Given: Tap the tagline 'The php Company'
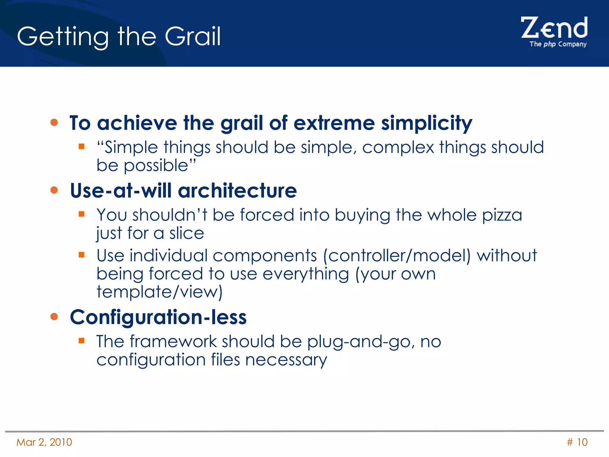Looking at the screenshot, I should (558, 44).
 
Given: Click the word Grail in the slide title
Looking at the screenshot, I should (193, 36).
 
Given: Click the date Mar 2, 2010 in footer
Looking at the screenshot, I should (44, 442).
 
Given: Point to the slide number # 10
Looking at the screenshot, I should (577, 442).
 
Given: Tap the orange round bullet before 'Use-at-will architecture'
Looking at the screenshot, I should (54, 190).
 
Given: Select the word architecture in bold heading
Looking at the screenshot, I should (237, 190).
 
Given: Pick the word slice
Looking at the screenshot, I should (186, 233).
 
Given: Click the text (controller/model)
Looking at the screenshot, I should (397, 256).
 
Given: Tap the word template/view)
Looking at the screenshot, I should (160, 292).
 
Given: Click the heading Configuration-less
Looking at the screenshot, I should (158, 317).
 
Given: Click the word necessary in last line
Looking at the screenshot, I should (286, 360).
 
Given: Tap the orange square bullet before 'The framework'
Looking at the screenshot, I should (81, 341).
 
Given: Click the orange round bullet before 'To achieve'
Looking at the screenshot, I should (54, 122).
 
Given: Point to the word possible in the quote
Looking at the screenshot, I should (156, 166).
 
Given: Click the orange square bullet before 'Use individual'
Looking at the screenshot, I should (81, 255).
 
